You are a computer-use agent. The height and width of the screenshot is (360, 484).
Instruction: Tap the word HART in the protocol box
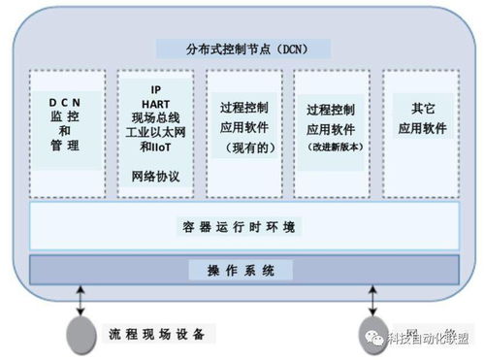[154, 102]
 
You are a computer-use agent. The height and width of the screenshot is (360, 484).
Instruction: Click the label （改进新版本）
[330, 147]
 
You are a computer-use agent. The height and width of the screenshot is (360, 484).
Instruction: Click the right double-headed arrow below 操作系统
[371, 297]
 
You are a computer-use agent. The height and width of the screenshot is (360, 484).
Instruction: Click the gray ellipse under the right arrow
[372, 333]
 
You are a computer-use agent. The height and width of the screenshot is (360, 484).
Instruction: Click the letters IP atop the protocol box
[154, 86]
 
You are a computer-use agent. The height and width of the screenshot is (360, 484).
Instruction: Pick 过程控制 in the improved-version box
[330, 110]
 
